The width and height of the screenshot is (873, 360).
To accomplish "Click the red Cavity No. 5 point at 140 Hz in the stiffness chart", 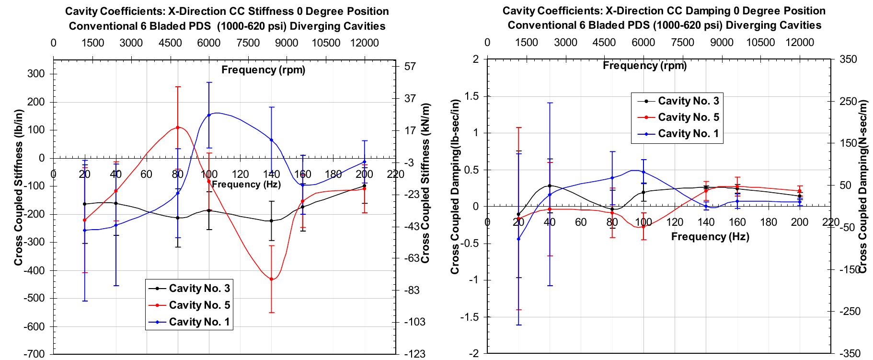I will (272, 279).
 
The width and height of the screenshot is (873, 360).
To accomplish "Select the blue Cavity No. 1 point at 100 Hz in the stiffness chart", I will (209, 115).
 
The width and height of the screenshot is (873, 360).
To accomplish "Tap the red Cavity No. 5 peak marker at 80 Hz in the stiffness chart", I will (178, 128).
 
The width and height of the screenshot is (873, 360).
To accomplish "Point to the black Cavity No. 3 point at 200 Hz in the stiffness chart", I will (365, 186).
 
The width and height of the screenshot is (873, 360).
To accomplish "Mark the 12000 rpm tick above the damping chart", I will (800, 42).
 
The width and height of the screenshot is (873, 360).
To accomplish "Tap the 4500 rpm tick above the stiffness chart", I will (170, 43).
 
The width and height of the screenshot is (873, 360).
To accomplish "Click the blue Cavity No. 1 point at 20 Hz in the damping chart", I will (518, 239).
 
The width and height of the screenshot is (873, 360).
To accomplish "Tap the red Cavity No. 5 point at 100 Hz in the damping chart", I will (643, 226).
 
